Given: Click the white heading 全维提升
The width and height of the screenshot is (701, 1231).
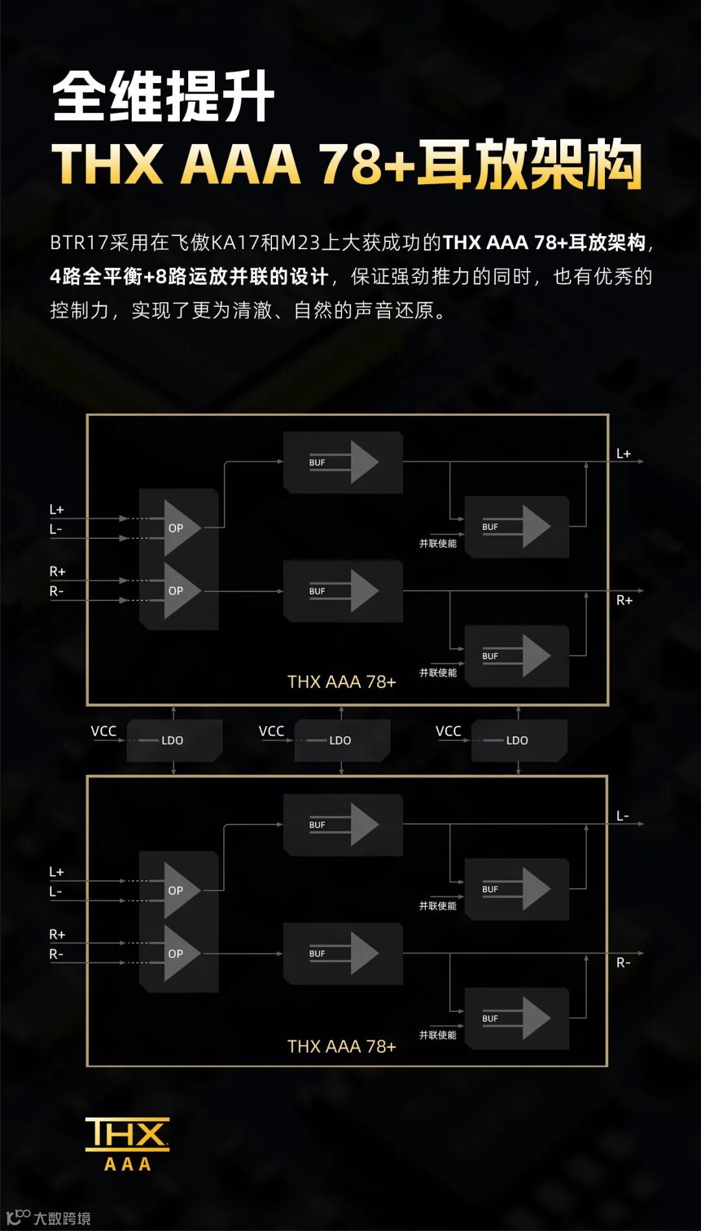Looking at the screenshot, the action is (x=163, y=97).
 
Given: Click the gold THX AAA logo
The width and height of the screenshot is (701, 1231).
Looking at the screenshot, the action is (x=127, y=1143).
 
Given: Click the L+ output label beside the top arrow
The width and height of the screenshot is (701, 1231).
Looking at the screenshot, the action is (x=623, y=454).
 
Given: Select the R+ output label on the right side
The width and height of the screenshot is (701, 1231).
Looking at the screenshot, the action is (x=624, y=601).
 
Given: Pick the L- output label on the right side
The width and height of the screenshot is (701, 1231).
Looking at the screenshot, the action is (x=622, y=816).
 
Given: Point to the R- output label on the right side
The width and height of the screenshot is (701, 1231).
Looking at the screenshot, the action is (x=623, y=963).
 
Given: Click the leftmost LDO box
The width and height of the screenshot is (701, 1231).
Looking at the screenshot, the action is (x=174, y=740).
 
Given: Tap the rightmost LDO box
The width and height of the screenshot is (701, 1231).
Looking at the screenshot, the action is (x=519, y=740).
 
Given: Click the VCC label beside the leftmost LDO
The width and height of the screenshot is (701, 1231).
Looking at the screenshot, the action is (x=103, y=731).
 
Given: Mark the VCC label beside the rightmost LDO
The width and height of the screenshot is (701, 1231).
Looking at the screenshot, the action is (x=448, y=731).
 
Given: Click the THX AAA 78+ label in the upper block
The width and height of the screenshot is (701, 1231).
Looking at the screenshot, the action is (x=341, y=682).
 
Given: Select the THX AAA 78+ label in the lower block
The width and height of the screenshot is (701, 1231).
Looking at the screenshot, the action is (x=341, y=1046).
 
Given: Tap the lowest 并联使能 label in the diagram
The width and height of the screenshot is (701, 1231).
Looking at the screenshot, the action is (x=437, y=1035).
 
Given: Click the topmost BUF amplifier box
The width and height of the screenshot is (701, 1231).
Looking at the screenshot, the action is (x=343, y=462).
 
